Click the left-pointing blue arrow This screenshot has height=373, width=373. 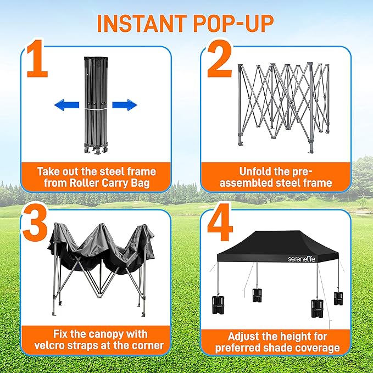click(66, 105)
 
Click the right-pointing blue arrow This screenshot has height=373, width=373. click(124, 105)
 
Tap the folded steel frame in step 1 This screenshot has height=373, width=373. click(94, 104)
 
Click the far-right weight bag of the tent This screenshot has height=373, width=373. click(338, 298)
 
